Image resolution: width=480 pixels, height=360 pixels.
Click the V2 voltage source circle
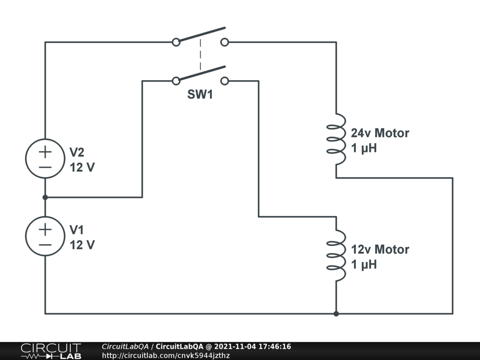[45, 158]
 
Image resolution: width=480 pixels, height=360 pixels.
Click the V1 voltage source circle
[45, 236]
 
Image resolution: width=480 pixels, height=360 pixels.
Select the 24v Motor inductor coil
[337, 139]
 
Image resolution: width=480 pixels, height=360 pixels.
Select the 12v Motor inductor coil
[337, 255]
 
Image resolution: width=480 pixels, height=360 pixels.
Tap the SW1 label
[200, 95]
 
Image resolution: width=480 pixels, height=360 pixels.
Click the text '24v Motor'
[380, 133]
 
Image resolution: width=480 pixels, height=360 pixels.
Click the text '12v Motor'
[380, 249]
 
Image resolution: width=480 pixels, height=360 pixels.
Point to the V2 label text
[77, 152]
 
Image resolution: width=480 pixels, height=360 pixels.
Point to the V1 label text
[77, 230]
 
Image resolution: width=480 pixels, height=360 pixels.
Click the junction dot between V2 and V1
[45, 197]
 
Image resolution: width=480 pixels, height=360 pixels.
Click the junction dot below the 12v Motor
[336, 314]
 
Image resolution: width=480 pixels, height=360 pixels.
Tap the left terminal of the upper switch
[176, 42]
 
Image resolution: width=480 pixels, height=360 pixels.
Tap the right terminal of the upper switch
[225, 42]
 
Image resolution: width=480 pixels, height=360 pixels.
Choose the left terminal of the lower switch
[176, 81]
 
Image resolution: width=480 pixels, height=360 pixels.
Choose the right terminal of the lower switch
[225, 81]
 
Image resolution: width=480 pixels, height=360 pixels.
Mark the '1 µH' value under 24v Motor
[364, 149]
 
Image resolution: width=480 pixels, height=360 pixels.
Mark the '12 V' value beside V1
[82, 245]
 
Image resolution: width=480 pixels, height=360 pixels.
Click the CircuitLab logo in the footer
[51, 351]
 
